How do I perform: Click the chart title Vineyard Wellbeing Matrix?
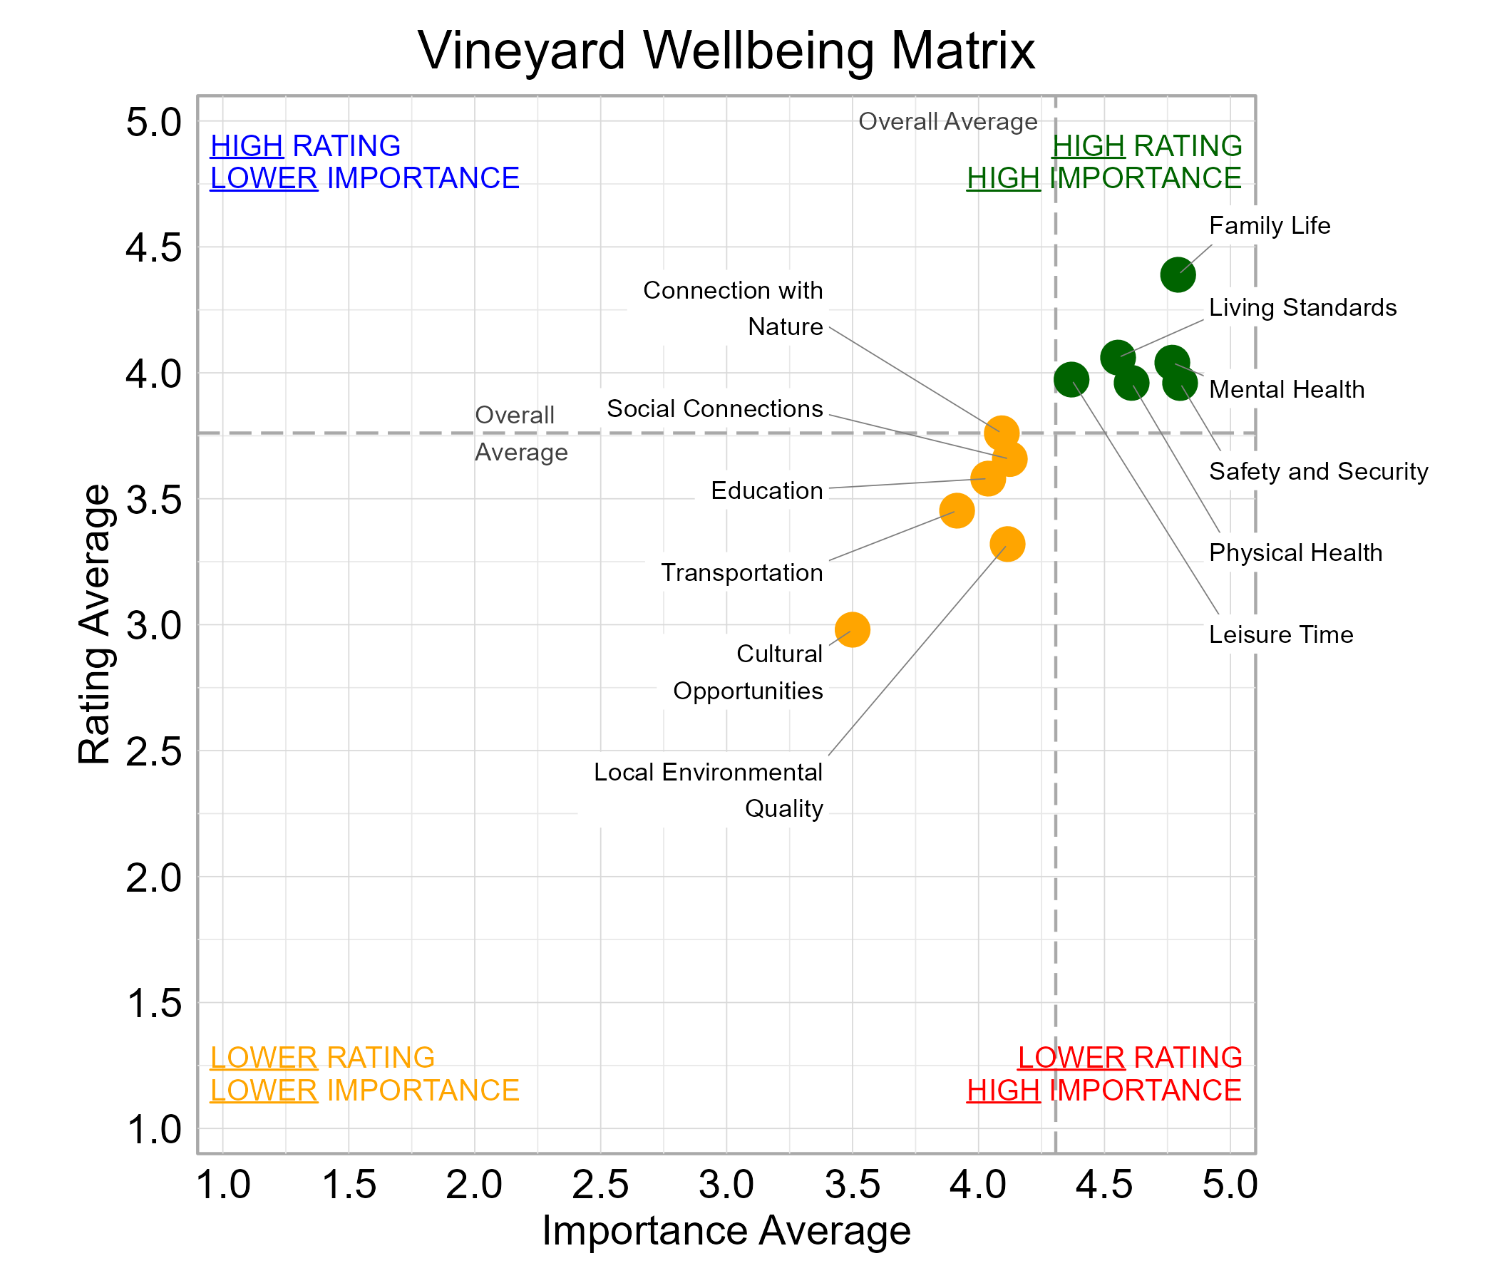click(x=726, y=51)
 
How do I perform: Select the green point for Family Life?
click(x=1178, y=274)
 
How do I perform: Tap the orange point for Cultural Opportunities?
click(x=853, y=629)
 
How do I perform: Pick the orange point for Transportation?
click(x=957, y=511)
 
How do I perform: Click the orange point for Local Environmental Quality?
click(x=1007, y=544)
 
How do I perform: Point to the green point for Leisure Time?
click(x=1071, y=379)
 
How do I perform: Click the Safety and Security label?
click(x=1319, y=471)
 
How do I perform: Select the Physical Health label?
click(x=1295, y=552)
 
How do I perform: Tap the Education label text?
click(x=766, y=490)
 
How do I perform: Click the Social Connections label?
click(x=714, y=409)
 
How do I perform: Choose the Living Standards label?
click(x=1302, y=308)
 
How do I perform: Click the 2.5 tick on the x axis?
click(x=600, y=1185)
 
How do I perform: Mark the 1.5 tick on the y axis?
click(x=154, y=1004)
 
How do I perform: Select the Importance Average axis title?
click(x=726, y=1230)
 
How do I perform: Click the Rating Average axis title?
click(x=95, y=624)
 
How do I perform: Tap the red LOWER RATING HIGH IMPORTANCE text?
click(x=1104, y=1073)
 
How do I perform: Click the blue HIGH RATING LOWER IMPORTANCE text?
click(x=364, y=162)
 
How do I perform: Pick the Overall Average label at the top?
click(x=947, y=121)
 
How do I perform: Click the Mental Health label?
click(x=1287, y=389)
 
